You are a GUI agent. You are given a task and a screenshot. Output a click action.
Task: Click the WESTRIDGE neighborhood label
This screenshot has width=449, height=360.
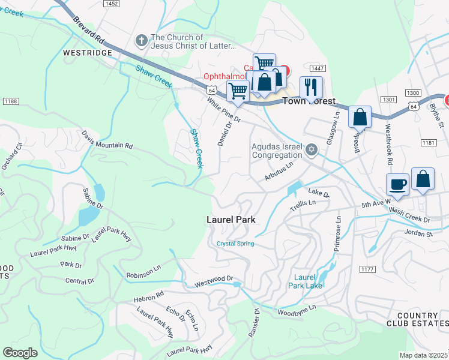88,53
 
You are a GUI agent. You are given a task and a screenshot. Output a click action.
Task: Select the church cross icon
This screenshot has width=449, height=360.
141,41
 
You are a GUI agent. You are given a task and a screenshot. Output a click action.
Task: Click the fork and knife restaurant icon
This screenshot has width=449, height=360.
310,86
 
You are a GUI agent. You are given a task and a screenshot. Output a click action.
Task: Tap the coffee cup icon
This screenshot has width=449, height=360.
397,184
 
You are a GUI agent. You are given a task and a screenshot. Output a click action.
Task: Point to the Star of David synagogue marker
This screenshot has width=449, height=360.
311,149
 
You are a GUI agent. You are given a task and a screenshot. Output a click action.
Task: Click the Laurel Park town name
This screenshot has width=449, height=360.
231,220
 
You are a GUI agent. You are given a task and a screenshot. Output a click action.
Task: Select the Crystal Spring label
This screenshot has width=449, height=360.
235,244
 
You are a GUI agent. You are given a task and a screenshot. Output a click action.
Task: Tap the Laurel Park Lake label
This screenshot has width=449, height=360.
308,281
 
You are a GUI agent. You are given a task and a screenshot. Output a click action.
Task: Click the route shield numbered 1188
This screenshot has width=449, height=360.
10,101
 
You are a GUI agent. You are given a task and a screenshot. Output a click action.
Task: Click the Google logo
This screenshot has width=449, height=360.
20,352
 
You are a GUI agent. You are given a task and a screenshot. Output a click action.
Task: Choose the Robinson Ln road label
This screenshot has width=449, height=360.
143,275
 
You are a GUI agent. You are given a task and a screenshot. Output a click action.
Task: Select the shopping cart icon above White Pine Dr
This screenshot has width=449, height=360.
238,92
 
